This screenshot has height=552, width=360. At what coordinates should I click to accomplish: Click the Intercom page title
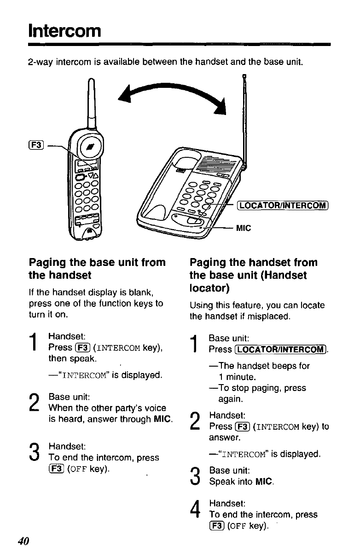[64, 31]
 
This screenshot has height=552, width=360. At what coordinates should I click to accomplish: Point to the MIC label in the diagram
[244, 227]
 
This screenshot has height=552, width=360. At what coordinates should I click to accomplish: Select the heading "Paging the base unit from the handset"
[97, 269]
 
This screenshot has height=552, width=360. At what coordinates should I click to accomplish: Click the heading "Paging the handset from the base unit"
[254, 275]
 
